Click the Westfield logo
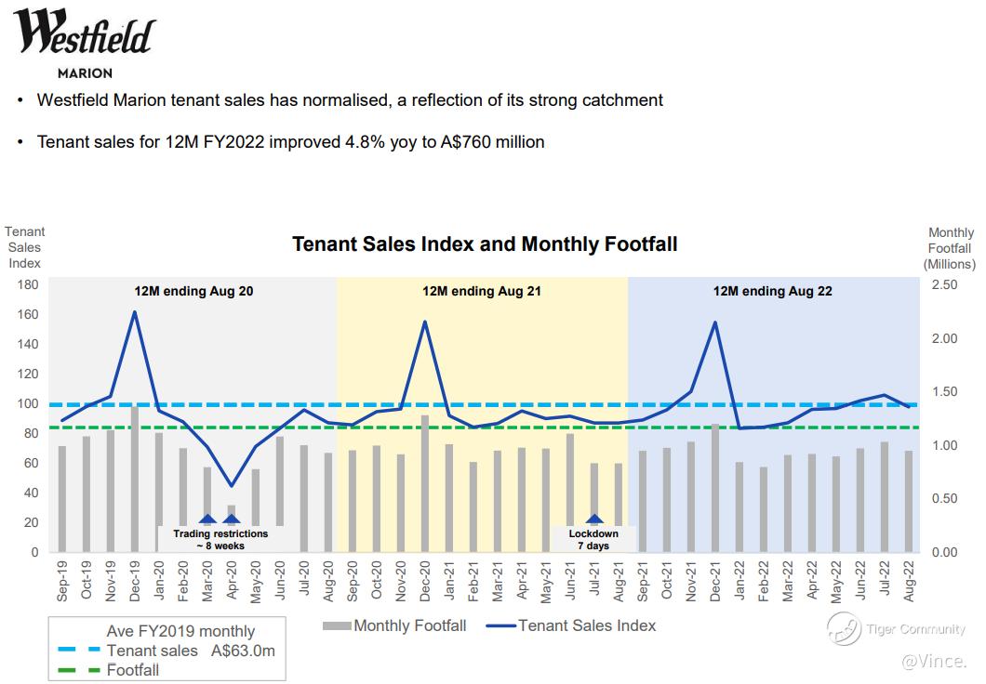84,35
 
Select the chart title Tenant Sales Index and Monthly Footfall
485,244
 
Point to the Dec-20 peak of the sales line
425,322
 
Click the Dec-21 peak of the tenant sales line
715,322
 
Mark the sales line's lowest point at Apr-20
232,485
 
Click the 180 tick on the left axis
28,284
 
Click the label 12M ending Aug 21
482,291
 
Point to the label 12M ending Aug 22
772,291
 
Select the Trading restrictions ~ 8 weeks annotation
220,539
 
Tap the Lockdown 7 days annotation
593,539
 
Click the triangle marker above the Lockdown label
594,520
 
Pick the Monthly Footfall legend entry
410,625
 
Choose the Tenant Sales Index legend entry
587,625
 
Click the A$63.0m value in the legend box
243,651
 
